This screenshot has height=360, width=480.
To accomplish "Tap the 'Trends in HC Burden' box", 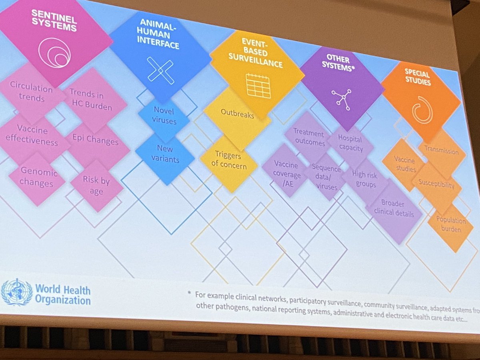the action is click(x=90, y=100).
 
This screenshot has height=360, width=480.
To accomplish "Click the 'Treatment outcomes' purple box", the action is click(x=308, y=137).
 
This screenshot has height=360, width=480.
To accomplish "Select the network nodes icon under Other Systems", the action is click(x=341, y=97).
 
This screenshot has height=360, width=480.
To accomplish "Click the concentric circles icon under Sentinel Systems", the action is click(x=54, y=52).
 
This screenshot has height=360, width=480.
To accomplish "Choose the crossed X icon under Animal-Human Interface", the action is click(x=160, y=70).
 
